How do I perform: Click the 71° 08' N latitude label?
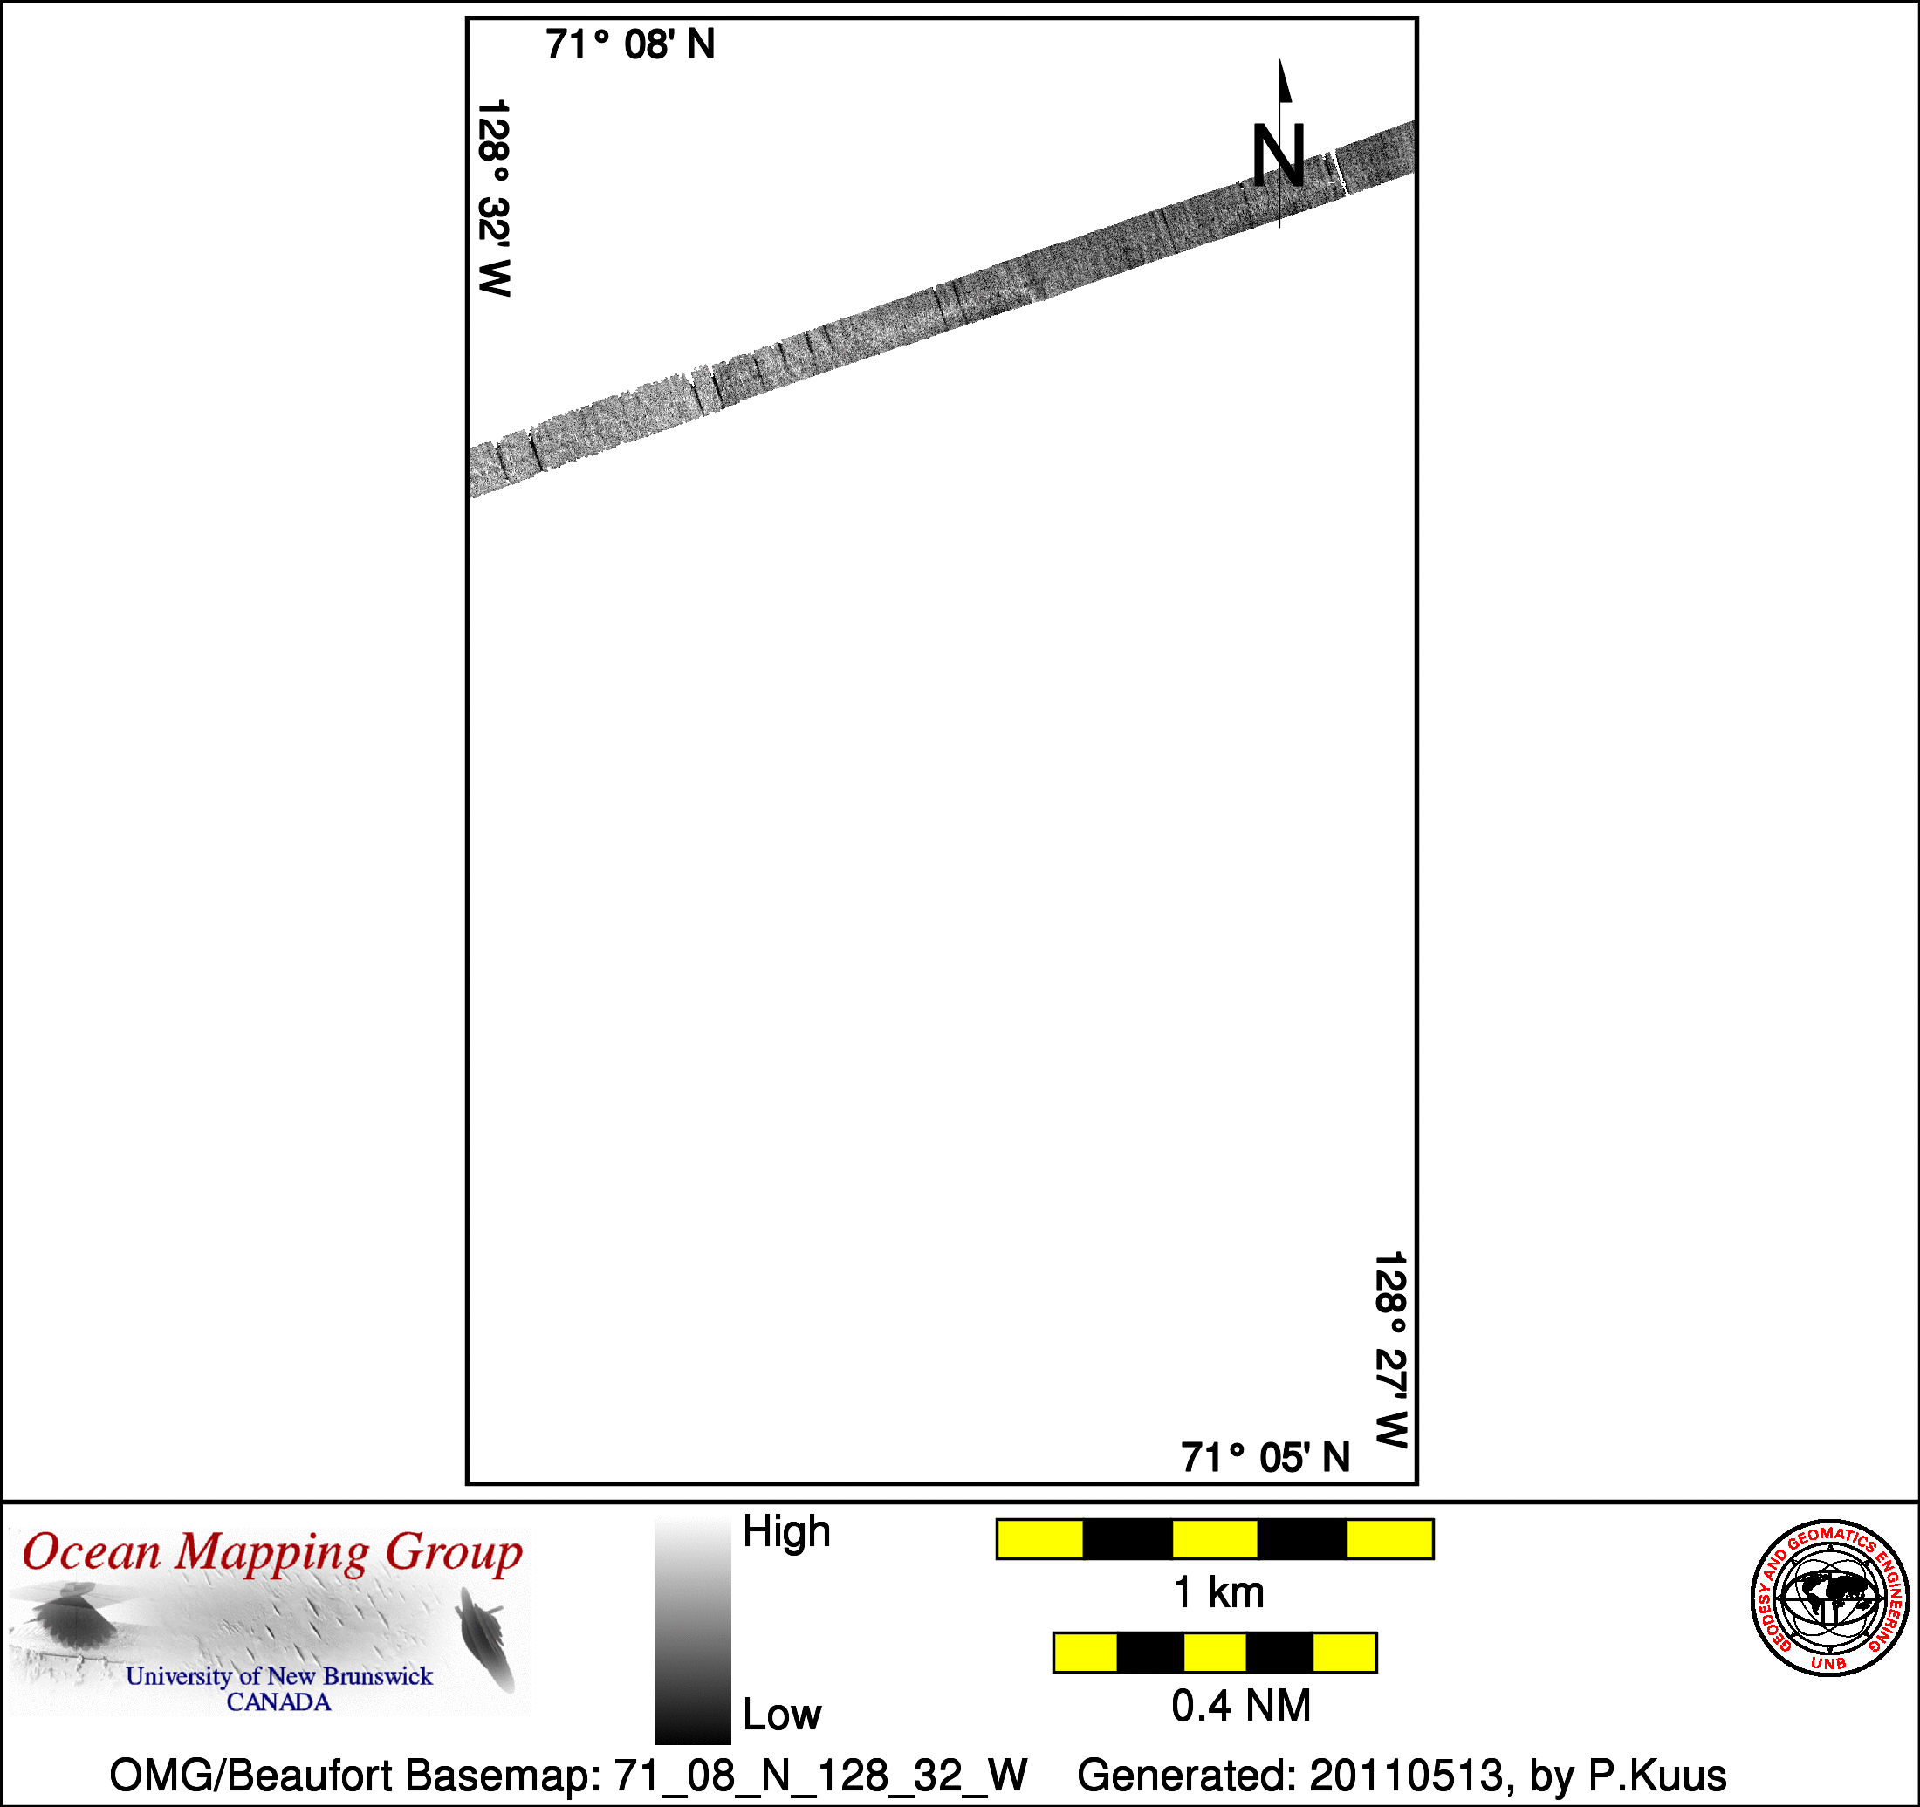coord(630,44)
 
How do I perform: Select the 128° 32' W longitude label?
coord(493,198)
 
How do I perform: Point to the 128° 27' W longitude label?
coord(1391,1350)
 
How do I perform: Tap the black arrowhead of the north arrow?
coord(1285,81)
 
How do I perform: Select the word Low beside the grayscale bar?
coord(781,1715)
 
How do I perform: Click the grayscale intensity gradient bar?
coord(692,1630)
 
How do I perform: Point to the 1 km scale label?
coord(1217,1592)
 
